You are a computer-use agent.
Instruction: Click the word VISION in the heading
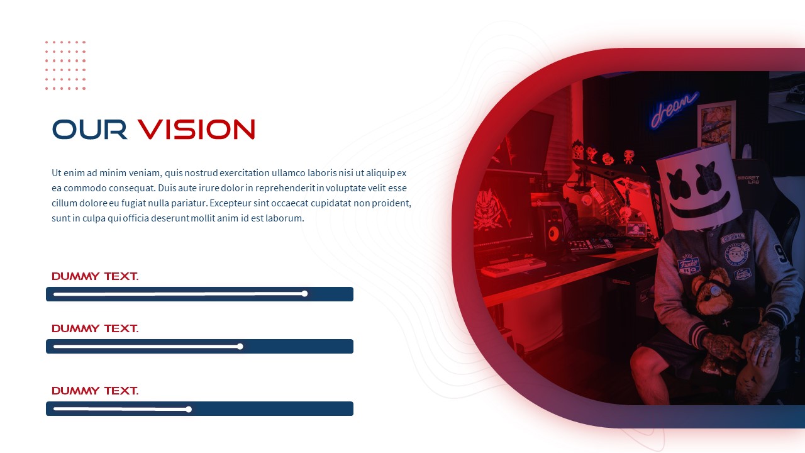(196, 129)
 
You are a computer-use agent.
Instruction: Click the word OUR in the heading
(89, 129)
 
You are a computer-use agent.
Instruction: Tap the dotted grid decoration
(65, 65)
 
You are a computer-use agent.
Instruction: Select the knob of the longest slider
(304, 294)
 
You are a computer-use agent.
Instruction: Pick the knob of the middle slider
(240, 346)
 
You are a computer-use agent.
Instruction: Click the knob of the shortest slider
(189, 409)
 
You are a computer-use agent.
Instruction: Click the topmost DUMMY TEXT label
(95, 276)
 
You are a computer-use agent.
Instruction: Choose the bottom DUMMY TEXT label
(95, 391)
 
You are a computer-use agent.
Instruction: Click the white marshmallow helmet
(698, 184)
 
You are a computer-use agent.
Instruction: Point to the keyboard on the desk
(513, 266)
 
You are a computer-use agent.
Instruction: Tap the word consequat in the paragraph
(126, 188)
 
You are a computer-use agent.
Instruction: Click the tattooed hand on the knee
(762, 344)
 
